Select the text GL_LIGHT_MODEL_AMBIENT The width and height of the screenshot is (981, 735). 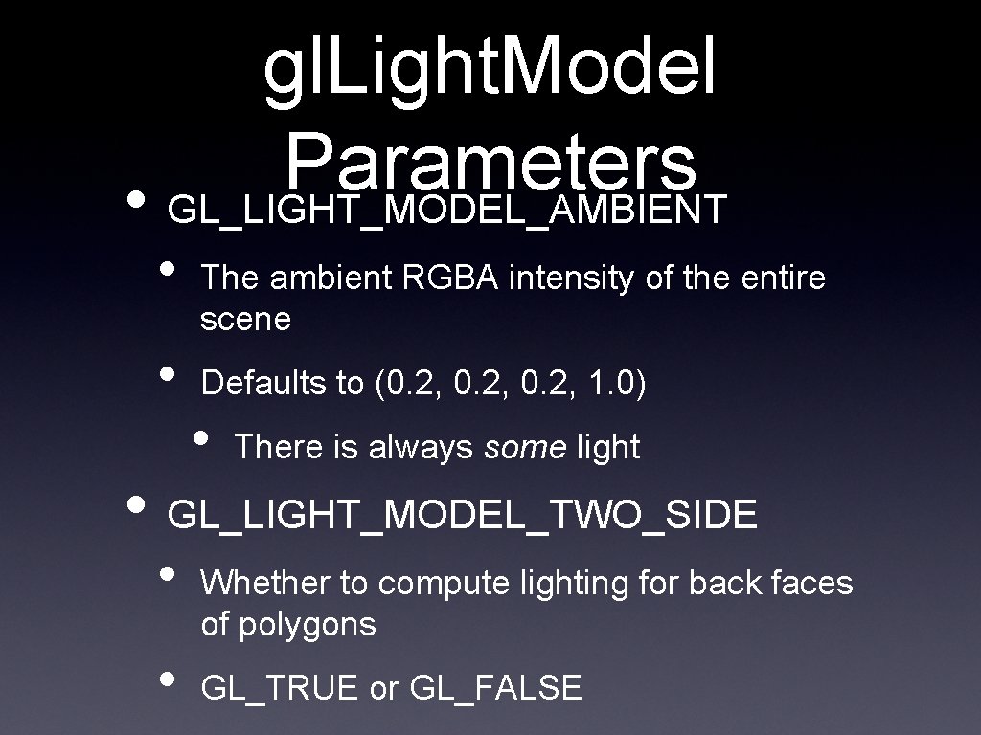[447, 210]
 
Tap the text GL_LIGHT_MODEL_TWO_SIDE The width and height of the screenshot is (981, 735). [463, 516]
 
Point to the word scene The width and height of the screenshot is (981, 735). [245, 320]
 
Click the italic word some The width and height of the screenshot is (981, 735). [525, 447]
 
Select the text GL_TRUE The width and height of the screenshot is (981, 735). [280, 688]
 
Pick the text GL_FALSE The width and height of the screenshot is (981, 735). [495, 688]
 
